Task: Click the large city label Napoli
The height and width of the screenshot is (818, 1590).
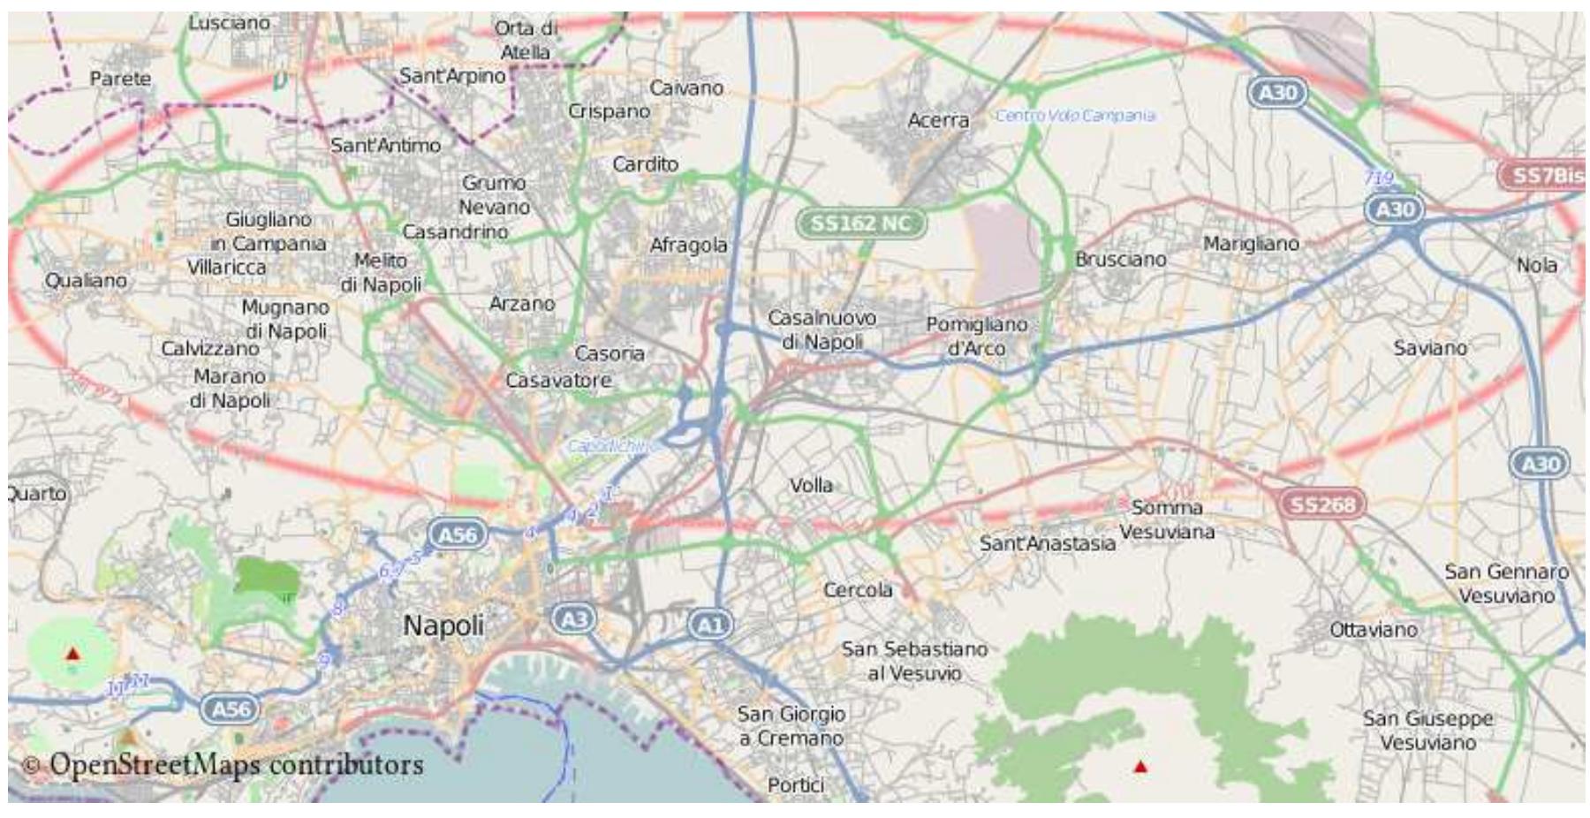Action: tap(443, 625)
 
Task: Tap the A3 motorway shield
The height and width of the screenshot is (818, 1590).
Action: tap(574, 618)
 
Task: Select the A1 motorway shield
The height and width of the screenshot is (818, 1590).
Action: tap(710, 625)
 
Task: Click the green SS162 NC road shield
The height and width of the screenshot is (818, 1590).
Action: tap(860, 223)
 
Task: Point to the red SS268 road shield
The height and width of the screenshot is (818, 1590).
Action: tap(1321, 504)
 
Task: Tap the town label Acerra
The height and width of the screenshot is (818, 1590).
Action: tap(938, 120)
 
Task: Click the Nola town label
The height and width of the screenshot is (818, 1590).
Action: tap(1537, 265)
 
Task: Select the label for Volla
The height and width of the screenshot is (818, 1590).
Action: tap(811, 485)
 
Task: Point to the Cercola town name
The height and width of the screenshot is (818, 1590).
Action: tap(858, 589)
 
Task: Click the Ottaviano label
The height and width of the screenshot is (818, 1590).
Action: tap(1374, 630)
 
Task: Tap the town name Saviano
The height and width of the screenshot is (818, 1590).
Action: tap(1430, 348)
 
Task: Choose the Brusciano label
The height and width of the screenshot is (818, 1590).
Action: tap(1120, 260)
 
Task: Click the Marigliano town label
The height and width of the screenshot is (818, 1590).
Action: tap(1251, 243)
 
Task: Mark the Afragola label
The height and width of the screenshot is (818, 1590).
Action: tap(688, 245)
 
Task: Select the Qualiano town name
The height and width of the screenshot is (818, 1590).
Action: tap(86, 280)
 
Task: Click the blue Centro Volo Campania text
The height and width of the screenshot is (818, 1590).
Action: tap(1075, 116)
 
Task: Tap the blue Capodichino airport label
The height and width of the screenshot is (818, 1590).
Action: tap(611, 446)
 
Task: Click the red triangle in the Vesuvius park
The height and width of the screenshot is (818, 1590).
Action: tap(1140, 767)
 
